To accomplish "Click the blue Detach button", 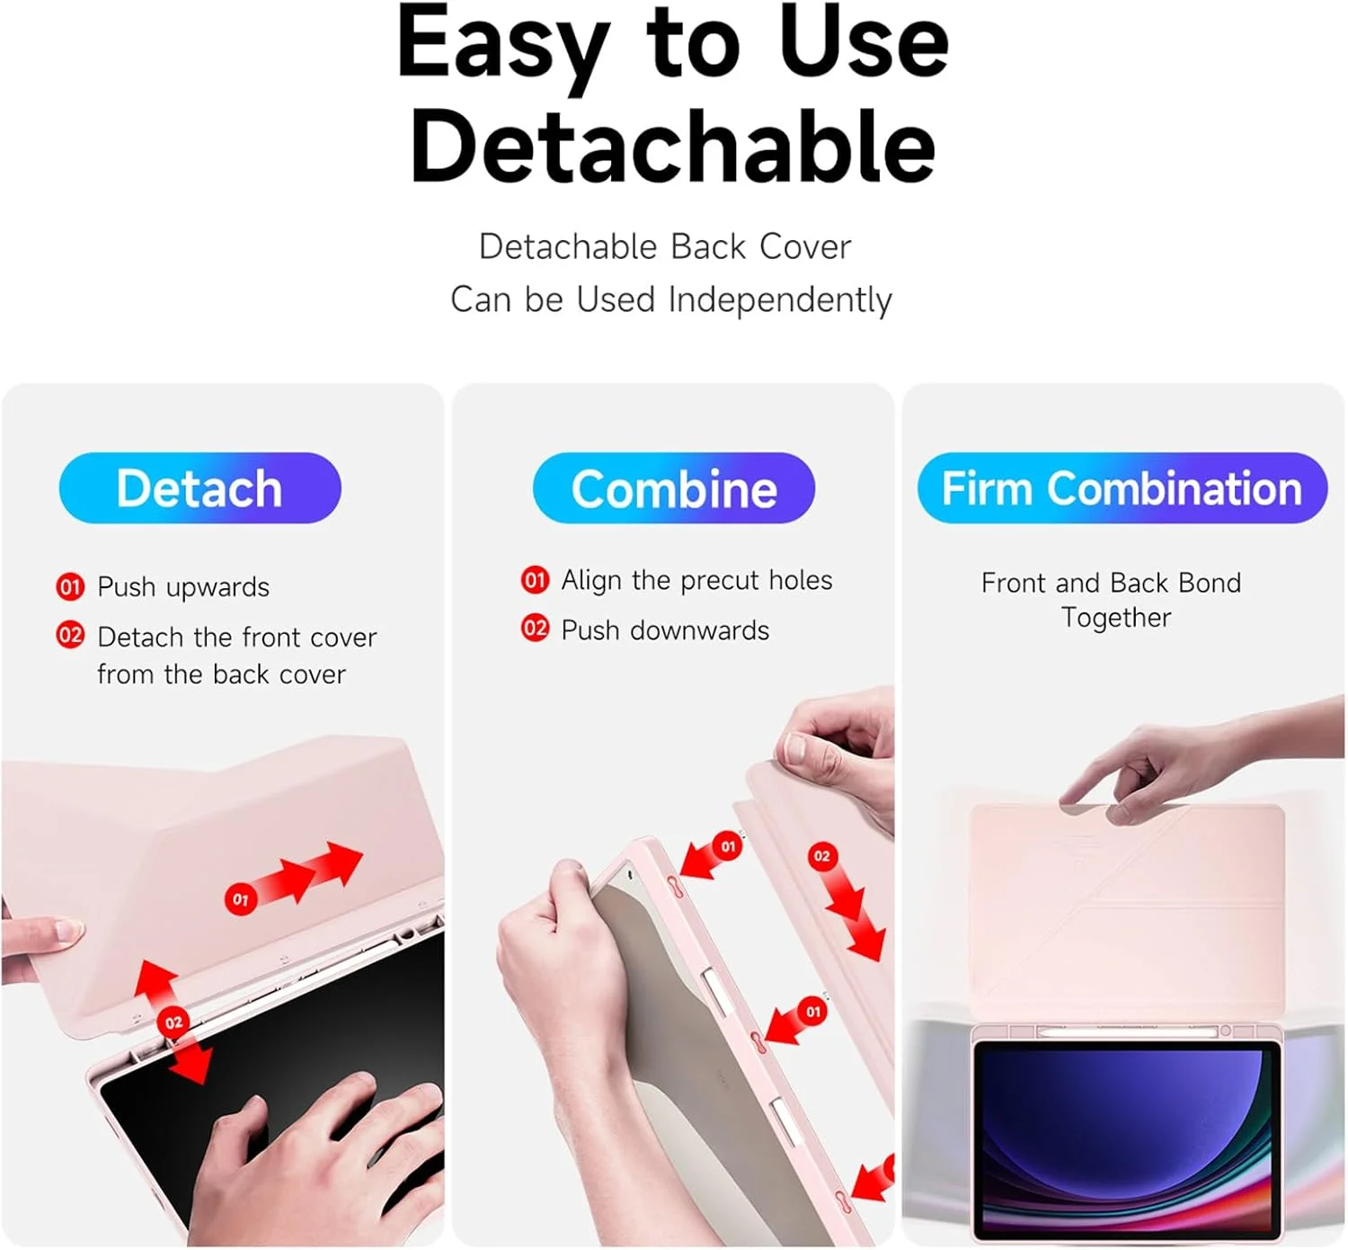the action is coord(200,487).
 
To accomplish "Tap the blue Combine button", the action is coord(673,487).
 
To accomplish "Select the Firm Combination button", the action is coord(1122,487).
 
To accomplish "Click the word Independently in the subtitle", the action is coord(780,300).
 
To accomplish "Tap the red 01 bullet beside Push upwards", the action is coord(70,587).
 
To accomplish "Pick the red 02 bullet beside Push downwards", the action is coord(535,628).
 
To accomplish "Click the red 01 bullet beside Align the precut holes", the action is coord(535,579).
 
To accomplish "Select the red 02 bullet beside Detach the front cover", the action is coord(70,635).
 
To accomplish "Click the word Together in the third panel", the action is coord(1116,618).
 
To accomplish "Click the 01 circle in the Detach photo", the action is coord(240,899).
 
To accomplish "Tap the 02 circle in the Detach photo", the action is coord(173,1022).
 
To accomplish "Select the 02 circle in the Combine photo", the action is coord(821,856).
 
